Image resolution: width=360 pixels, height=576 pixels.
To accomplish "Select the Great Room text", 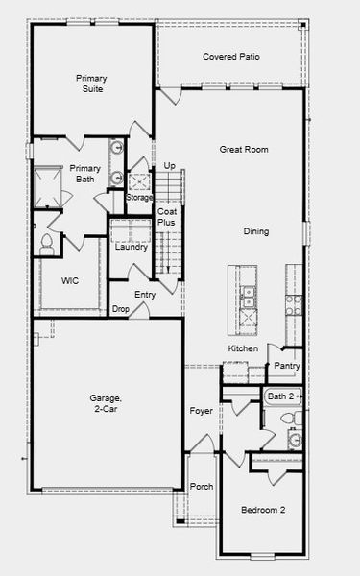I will [243, 150].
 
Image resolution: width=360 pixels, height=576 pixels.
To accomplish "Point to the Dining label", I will [255, 231].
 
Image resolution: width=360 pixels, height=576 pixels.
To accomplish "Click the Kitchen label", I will [242, 348].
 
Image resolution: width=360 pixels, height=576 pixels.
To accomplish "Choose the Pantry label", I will [287, 366].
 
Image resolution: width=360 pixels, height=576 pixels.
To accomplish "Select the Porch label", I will [201, 487].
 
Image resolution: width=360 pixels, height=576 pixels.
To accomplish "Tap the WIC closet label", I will [70, 281].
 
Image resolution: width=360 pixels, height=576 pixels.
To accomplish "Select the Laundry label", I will [131, 247].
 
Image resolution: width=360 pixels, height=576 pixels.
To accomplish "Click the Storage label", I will [140, 198].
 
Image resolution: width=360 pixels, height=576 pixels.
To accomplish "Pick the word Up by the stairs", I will [169, 166].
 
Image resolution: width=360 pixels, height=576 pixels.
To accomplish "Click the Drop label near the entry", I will [121, 309].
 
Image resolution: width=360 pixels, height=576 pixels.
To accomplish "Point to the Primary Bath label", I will [84, 174].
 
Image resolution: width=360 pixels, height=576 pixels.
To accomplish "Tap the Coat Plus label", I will [167, 217].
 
